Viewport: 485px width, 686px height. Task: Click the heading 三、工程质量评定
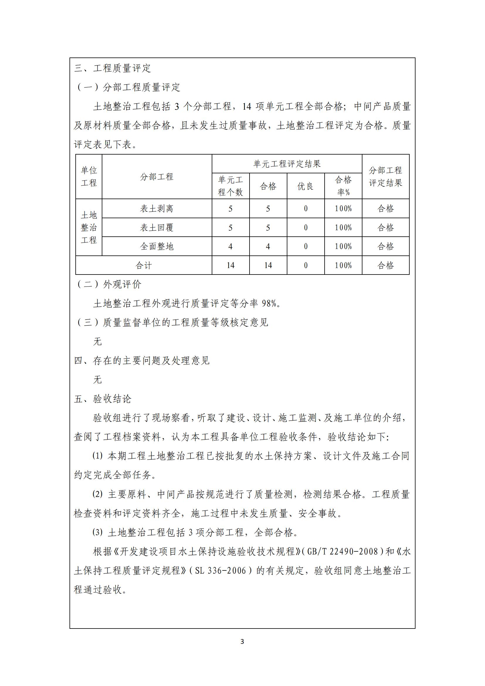113,68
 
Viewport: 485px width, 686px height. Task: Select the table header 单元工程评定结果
287,164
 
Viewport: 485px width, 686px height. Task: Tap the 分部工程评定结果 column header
385,177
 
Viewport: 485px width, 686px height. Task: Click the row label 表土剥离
157,209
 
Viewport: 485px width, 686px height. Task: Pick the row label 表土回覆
157,228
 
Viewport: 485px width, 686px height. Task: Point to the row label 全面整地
157,246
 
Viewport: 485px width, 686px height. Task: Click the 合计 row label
144,265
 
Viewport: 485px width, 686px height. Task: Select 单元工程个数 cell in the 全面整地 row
230,246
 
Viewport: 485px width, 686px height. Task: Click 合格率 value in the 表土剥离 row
343,209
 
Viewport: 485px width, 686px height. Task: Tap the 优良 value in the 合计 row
306,265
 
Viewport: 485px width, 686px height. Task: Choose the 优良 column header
306,186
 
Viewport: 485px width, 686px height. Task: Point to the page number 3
242,641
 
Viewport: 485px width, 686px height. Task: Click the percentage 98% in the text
269,304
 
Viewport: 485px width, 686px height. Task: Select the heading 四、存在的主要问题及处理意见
142,361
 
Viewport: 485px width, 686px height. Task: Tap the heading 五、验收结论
103,399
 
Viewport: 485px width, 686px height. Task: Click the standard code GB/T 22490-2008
342,552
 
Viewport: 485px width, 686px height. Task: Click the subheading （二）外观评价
109,284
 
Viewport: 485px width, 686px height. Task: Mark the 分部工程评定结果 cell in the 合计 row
385,265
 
